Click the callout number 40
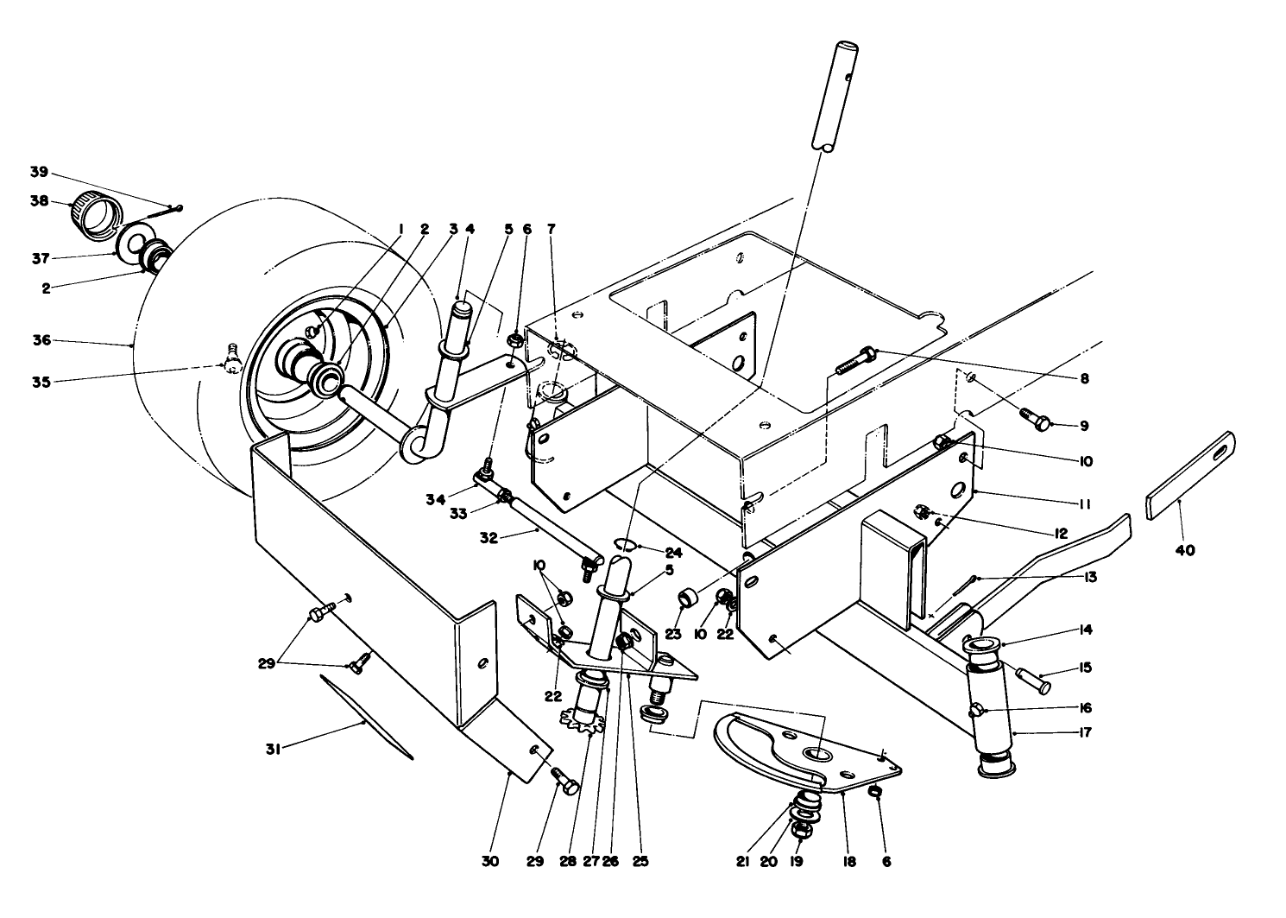(1185, 550)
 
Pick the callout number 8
(1084, 377)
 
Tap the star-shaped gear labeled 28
(581, 719)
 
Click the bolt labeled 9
(1036, 419)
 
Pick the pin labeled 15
(1031, 680)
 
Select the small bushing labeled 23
(688, 598)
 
